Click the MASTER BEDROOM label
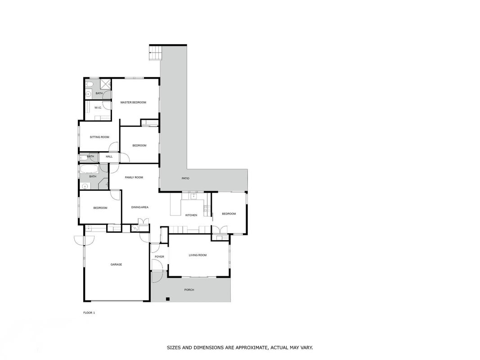(133, 103)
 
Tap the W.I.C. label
(98, 108)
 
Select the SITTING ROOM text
(99, 137)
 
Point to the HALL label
(109, 157)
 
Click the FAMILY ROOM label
(134, 178)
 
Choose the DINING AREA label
(140, 207)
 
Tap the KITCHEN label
(191, 215)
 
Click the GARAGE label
(117, 265)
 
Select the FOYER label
(160, 257)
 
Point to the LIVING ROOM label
(198, 255)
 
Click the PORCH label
(189, 290)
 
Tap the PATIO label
(185, 179)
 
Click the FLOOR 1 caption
(89, 313)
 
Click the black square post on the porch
(167, 299)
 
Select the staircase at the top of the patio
(155, 53)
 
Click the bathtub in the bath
(89, 169)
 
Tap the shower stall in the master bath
(106, 84)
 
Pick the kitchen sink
(193, 196)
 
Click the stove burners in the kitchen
(207, 209)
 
